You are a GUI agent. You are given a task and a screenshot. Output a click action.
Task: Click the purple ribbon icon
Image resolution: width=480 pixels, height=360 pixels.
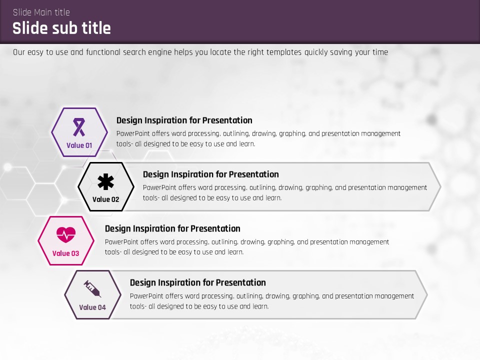(x=79, y=127)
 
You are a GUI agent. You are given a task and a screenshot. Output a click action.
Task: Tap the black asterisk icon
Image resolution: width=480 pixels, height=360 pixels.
(x=105, y=182)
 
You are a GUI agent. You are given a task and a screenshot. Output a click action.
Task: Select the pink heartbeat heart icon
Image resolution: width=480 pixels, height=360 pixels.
(x=66, y=235)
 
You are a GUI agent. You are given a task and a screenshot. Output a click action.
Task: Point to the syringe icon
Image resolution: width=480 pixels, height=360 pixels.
(x=92, y=288)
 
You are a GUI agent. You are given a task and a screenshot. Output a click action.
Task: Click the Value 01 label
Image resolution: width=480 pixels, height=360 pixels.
(x=79, y=145)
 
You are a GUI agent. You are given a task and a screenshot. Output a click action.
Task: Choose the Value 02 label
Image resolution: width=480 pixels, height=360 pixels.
(x=105, y=199)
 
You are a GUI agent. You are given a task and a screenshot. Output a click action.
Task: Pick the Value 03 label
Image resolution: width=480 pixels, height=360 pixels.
(x=66, y=253)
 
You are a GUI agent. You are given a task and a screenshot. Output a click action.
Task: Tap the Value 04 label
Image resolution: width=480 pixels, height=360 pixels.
(x=92, y=307)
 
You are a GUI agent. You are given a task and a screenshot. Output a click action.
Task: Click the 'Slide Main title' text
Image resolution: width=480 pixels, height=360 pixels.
(x=41, y=12)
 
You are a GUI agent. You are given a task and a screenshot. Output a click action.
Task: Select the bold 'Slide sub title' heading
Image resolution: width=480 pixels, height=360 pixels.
(x=61, y=28)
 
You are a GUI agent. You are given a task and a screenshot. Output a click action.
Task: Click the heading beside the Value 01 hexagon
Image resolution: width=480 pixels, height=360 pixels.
(x=184, y=120)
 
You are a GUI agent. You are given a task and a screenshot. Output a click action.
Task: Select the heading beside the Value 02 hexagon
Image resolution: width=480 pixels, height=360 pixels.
(x=211, y=174)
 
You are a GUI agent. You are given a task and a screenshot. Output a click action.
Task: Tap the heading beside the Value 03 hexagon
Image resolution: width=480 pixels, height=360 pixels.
(x=172, y=228)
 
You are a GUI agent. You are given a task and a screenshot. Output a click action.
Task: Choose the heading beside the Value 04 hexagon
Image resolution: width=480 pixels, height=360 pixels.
(x=198, y=282)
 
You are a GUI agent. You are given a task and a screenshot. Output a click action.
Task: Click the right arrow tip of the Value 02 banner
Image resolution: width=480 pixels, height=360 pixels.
(x=440, y=186)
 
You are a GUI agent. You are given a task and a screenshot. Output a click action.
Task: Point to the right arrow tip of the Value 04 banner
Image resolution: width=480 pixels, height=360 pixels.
(x=427, y=295)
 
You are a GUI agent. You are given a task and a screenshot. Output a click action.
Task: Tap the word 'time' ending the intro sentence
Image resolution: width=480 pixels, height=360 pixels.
(x=380, y=52)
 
